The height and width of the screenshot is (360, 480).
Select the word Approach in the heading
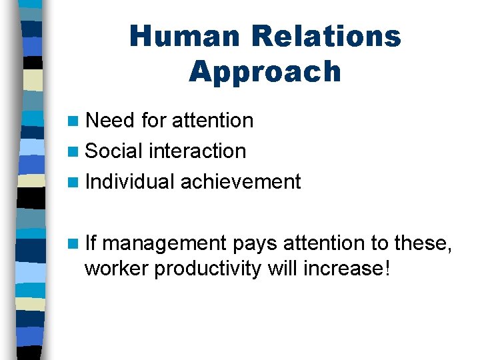click(265, 71)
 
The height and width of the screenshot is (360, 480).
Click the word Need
click(111, 121)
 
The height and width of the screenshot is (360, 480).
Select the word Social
click(115, 151)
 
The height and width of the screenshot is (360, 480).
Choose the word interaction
click(197, 151)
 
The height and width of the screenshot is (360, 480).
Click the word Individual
click(130, 181)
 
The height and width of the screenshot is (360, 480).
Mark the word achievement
click(241, 181)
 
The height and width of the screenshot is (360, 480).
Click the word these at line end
click(423, 243)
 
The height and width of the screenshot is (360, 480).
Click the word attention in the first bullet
click(213, 121)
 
